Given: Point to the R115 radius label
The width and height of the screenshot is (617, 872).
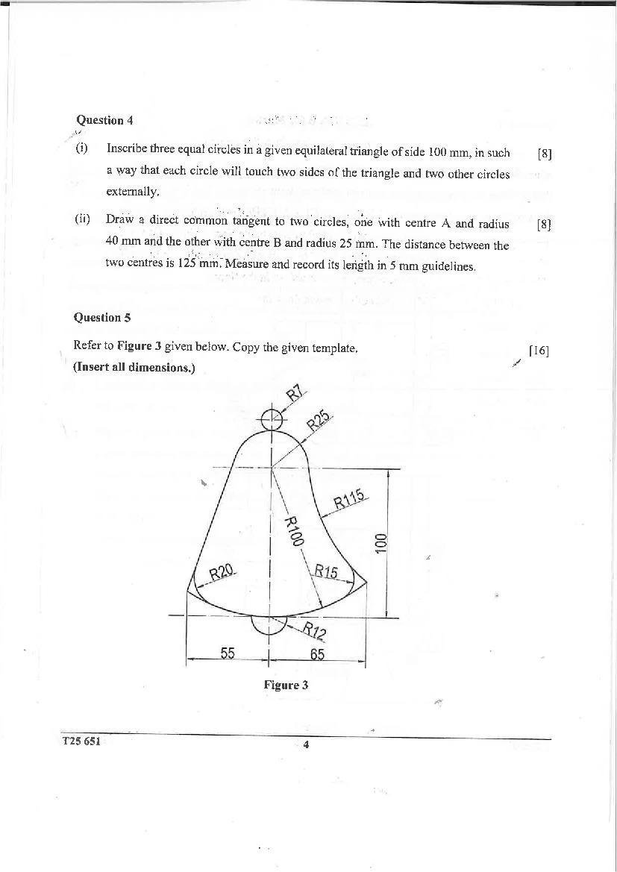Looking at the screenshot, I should (348, 498).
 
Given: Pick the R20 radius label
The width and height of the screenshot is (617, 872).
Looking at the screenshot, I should (222, 573).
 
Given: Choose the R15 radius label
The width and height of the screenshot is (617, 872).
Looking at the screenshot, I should (326, 572).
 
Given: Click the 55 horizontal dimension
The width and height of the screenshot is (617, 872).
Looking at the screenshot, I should (228, 653).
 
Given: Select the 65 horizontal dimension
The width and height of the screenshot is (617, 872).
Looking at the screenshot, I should (317, 654).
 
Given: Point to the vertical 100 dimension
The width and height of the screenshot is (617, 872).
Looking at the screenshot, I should (380, 542).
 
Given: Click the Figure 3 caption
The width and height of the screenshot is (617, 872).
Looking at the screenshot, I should (286, 685).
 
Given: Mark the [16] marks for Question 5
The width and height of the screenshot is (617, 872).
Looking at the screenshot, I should (539, 351).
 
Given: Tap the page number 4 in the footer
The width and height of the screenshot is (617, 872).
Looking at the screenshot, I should (307, 744).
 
